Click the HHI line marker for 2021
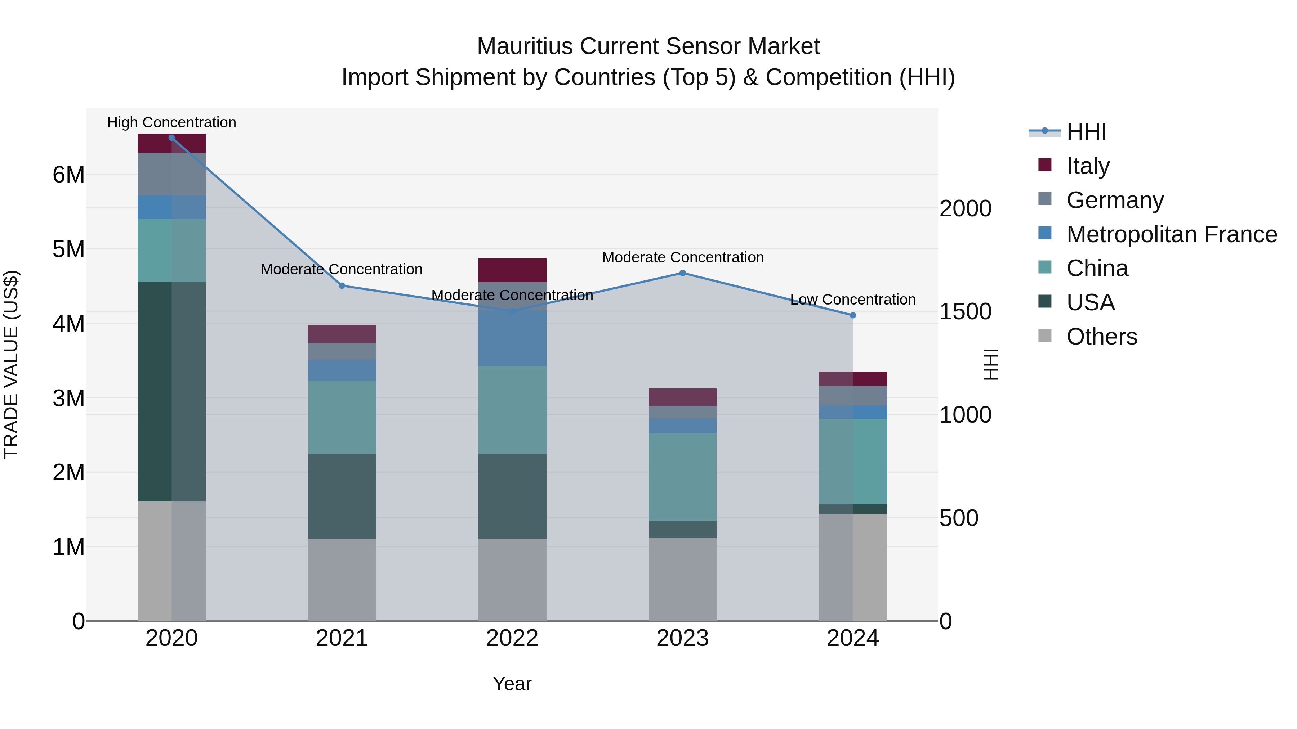point(342,286)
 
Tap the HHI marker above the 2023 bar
point(683,273)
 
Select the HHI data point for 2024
point(853,315)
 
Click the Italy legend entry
point(1088,166)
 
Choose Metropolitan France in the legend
point(1171,234)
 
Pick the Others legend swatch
point(1045,336)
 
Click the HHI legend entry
point(1086,132)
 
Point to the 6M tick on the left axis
point(68,175)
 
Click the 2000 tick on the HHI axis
point(965,209)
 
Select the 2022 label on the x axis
point(512,638)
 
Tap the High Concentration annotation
point(172,123)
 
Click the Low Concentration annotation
point(853,300)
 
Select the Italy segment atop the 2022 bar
point(512,270)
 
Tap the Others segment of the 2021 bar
point(342,580)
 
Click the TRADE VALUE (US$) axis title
point(11,364)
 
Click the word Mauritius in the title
point(525,46)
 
